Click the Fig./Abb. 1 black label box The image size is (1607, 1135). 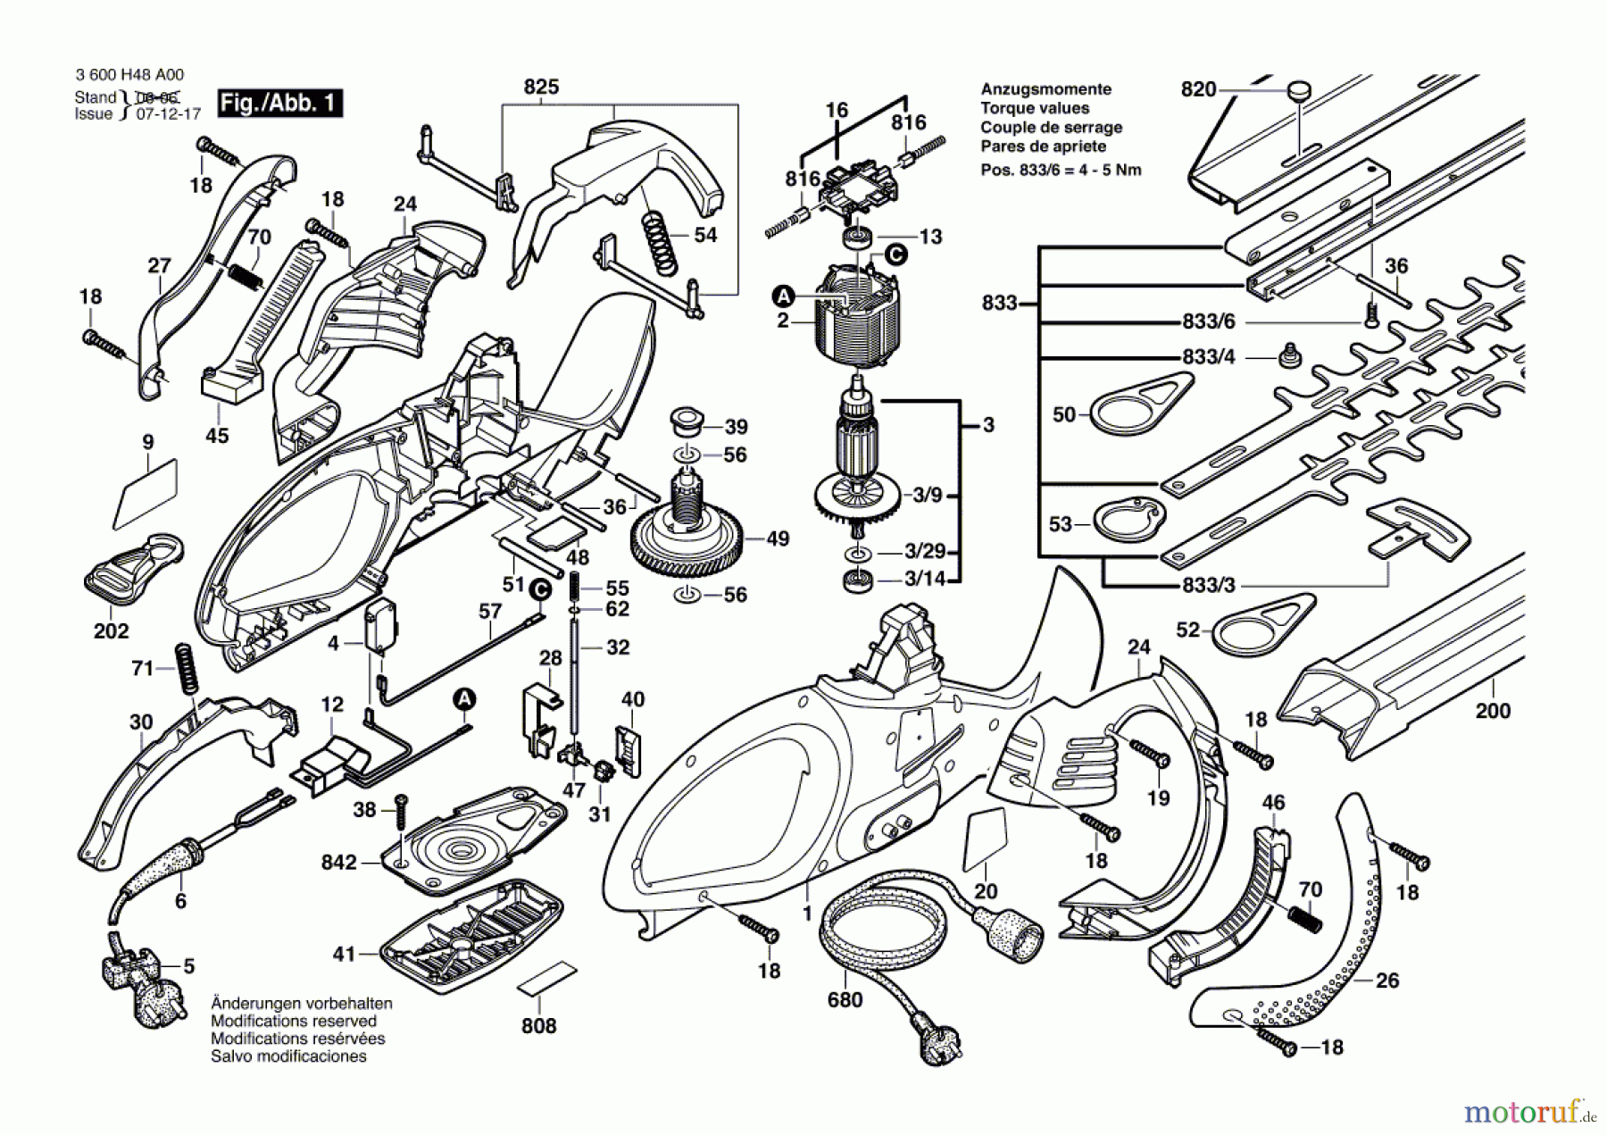(x=279, y=104)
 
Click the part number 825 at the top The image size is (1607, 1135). (x=541, y=87)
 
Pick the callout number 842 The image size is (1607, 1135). (x=338, y=863)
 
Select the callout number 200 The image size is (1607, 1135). (x=1493, y=711)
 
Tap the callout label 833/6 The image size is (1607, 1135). (x=1209, y=322)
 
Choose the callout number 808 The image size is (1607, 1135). (x=538, y=1026)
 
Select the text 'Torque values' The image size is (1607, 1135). (x=1035, y=108)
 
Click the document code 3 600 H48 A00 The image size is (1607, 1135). (x=129, y=76)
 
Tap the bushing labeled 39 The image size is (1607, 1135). (x=686, y=419)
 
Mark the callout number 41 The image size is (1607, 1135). (x=344, y=955)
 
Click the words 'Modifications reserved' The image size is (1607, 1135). (x=294, y=1021)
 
